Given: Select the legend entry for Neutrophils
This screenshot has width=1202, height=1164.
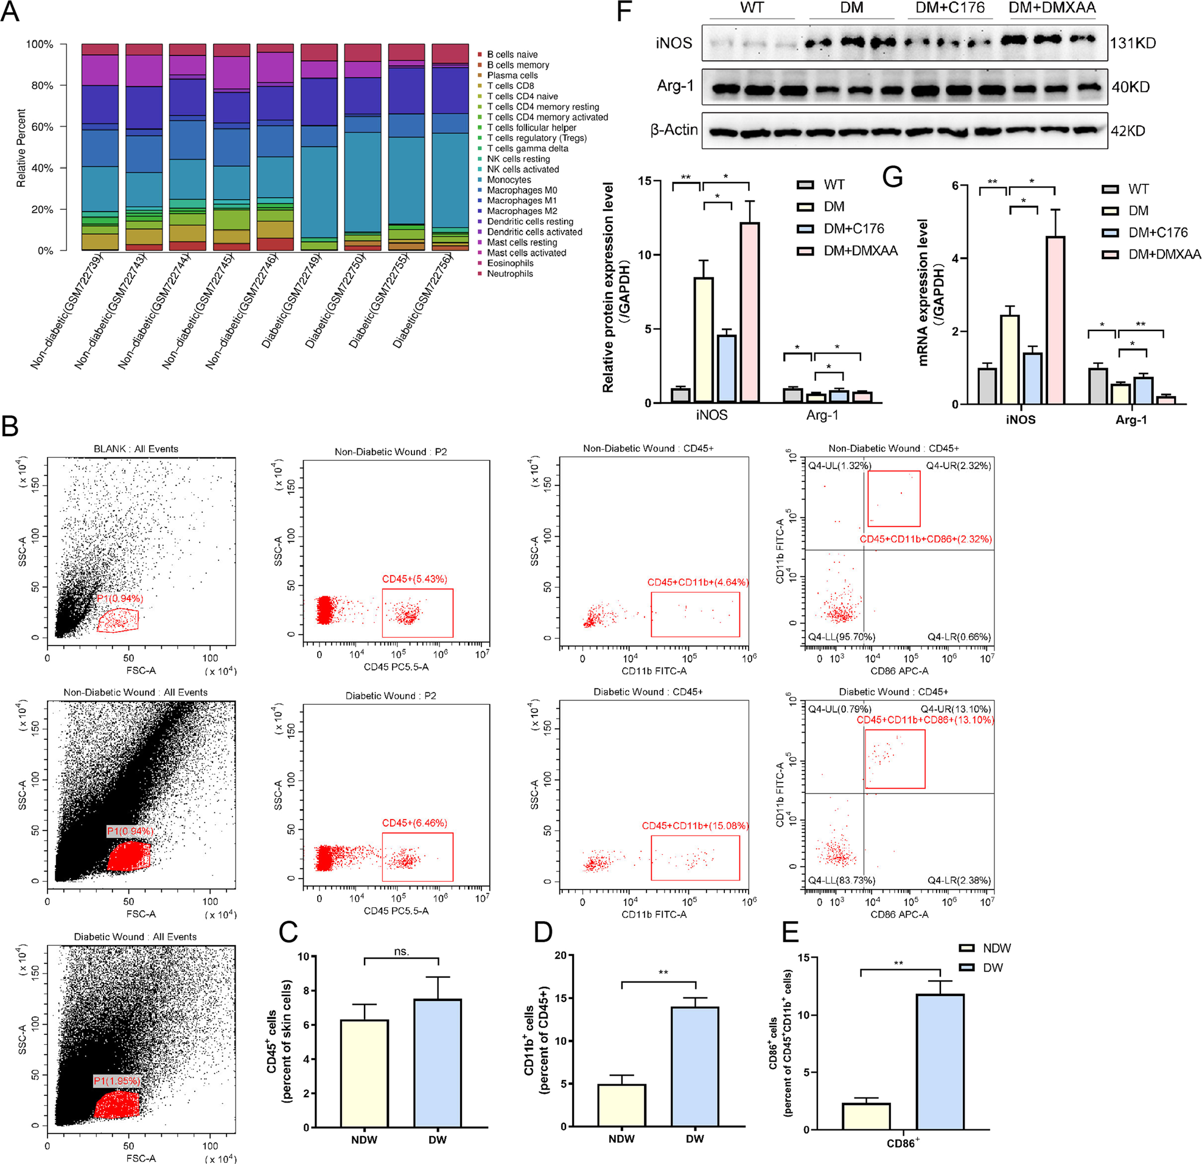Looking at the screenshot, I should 509,274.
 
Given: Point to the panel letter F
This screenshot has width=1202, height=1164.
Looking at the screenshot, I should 624,12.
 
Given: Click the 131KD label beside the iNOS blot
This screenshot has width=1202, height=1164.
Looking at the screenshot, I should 1133,44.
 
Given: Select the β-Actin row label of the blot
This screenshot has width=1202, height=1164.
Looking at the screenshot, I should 674,130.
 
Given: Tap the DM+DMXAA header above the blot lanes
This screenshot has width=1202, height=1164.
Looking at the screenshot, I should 1052,9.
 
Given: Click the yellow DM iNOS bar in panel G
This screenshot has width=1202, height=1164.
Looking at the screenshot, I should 1010,360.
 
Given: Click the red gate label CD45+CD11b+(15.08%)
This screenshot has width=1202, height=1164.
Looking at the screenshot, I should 695,826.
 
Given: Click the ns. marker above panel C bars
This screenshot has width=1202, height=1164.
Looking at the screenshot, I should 402,951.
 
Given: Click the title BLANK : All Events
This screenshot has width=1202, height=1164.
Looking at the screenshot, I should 136,449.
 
